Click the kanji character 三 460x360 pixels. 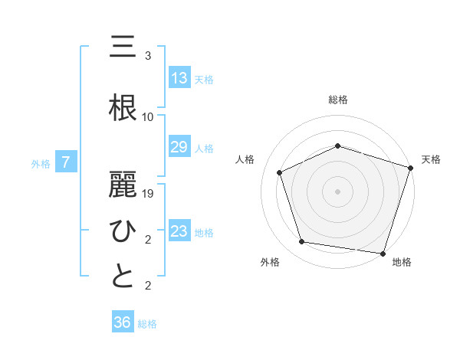click(x=123, y=47)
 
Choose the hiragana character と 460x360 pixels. click(x=123, y=276)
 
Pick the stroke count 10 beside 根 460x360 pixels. click(x=148, y=117)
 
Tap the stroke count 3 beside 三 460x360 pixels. click(x=148, y=56)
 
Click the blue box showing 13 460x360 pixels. click(x=179, y=77)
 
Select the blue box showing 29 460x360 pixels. click(x=179, y=147)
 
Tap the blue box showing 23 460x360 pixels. click(x=179, y=231)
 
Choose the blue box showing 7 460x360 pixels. click(x=67, y=162)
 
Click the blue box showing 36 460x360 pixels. click(x=123, y=322)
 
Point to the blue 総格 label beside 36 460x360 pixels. click(x=147, y=324)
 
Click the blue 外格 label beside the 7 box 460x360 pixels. click(x=41, y=163)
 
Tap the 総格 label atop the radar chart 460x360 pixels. click(x=338, y=100)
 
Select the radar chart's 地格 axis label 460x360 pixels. click(x=402, y=262)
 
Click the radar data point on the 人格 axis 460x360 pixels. click(x=280, y=172)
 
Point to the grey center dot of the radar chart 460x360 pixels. click(x=338, y=191)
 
